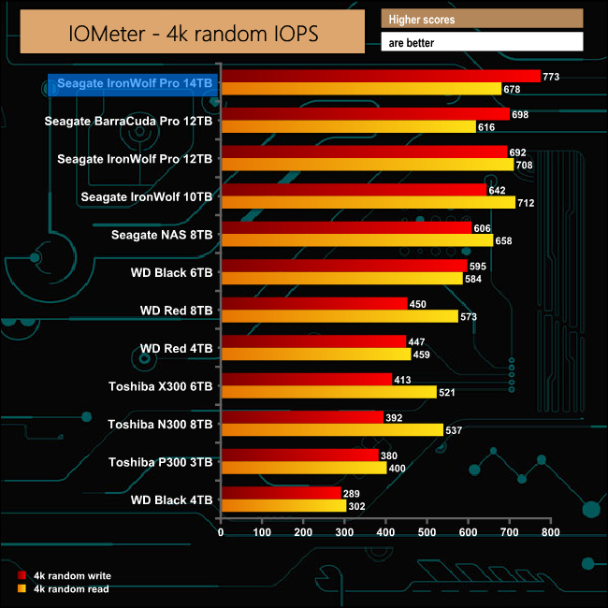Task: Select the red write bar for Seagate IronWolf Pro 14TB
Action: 380,77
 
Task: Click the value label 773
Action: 551,77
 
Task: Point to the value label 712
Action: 526,203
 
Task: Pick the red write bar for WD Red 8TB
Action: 313,303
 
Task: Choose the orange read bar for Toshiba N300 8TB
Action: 331,430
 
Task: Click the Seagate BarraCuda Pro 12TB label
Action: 141,121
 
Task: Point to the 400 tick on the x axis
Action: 385,532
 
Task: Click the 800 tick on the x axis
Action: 550,532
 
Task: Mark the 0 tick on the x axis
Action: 221,532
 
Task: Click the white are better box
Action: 482,42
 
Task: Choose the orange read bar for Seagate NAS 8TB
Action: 356,240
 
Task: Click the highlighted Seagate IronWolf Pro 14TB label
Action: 135,83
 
